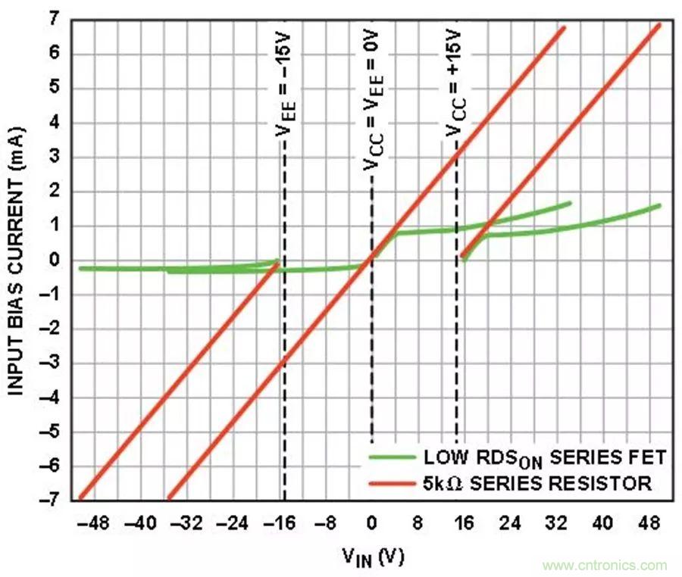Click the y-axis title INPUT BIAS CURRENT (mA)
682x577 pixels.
tap(17, 257)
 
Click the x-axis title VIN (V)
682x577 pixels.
tap(372, 557)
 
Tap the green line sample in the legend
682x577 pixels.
tap(392, 457)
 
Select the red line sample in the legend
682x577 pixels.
tap(392, 483)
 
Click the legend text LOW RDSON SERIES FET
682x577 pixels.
tap(544, 457)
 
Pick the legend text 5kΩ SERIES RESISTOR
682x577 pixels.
tap(537, 483)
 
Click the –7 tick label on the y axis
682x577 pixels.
tap(52, 500)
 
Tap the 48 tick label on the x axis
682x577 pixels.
tap(649, 523)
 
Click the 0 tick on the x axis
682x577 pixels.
tap(371, 523)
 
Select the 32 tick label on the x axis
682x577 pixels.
tap(556, 523)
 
